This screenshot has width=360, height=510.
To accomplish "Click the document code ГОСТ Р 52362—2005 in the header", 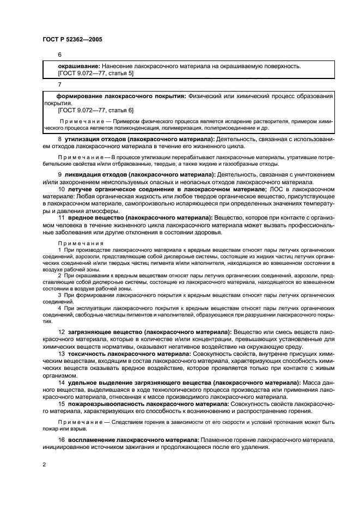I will pos(72,39).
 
